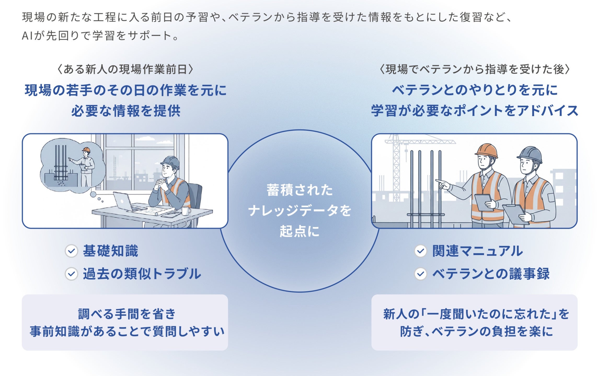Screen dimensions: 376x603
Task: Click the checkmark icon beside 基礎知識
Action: click(71, 251)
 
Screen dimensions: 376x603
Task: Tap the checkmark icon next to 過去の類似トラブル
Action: click(71, 274)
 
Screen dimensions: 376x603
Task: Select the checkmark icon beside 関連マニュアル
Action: click(421, 251)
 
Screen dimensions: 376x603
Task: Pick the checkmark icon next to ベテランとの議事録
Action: click(421, 274)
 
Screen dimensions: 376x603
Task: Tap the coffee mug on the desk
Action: click(186, 211)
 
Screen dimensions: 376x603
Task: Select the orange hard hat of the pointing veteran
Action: click(486, 150)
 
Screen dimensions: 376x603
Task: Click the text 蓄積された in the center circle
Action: click(300, 190)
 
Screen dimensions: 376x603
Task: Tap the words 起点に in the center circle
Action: click(300, 231)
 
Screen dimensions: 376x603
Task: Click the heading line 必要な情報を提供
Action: click(126, 111)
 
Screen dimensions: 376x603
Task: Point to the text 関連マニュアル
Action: click(478, 251)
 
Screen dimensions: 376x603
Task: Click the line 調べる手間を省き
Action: click(127, 314)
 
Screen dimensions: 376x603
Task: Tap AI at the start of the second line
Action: click(27, 36)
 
